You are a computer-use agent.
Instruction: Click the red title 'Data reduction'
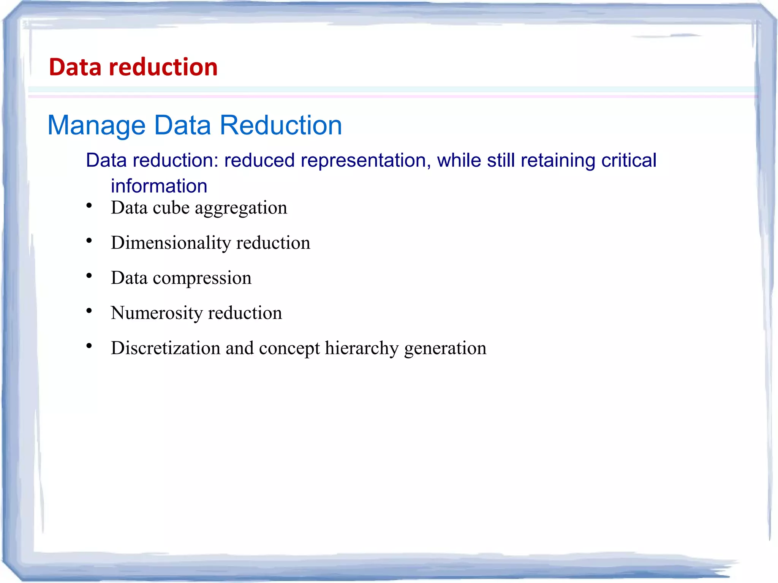click(133, 67)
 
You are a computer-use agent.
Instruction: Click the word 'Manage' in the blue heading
click(96, 126)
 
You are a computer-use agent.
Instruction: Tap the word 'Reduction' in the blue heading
click(281, 125)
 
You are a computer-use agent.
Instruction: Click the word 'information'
click(159, 186)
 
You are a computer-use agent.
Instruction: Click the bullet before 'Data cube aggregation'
click(89, 206)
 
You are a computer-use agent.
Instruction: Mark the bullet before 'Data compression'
click(89, 276)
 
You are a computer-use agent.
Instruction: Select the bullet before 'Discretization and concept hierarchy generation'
click(89, 346)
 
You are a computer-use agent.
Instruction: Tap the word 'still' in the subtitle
click(501, 160)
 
